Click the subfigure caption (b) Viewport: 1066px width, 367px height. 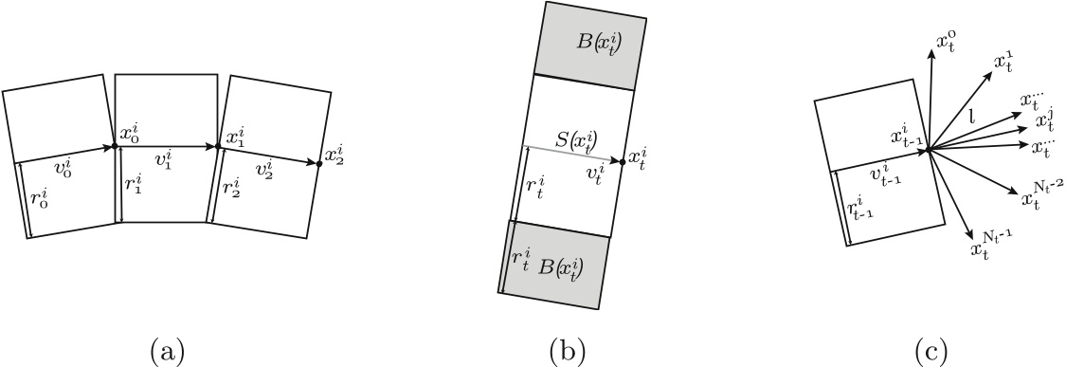568,351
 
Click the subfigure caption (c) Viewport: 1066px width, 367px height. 929,351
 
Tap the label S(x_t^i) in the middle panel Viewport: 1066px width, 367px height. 577,138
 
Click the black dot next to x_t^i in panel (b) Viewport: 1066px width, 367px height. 622,162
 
